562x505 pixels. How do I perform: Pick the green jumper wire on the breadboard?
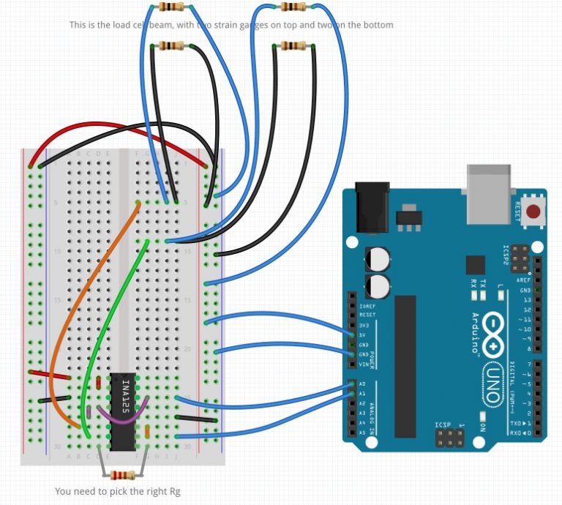110,315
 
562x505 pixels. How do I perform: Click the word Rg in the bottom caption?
174,491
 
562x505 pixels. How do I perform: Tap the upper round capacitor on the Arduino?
378,258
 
